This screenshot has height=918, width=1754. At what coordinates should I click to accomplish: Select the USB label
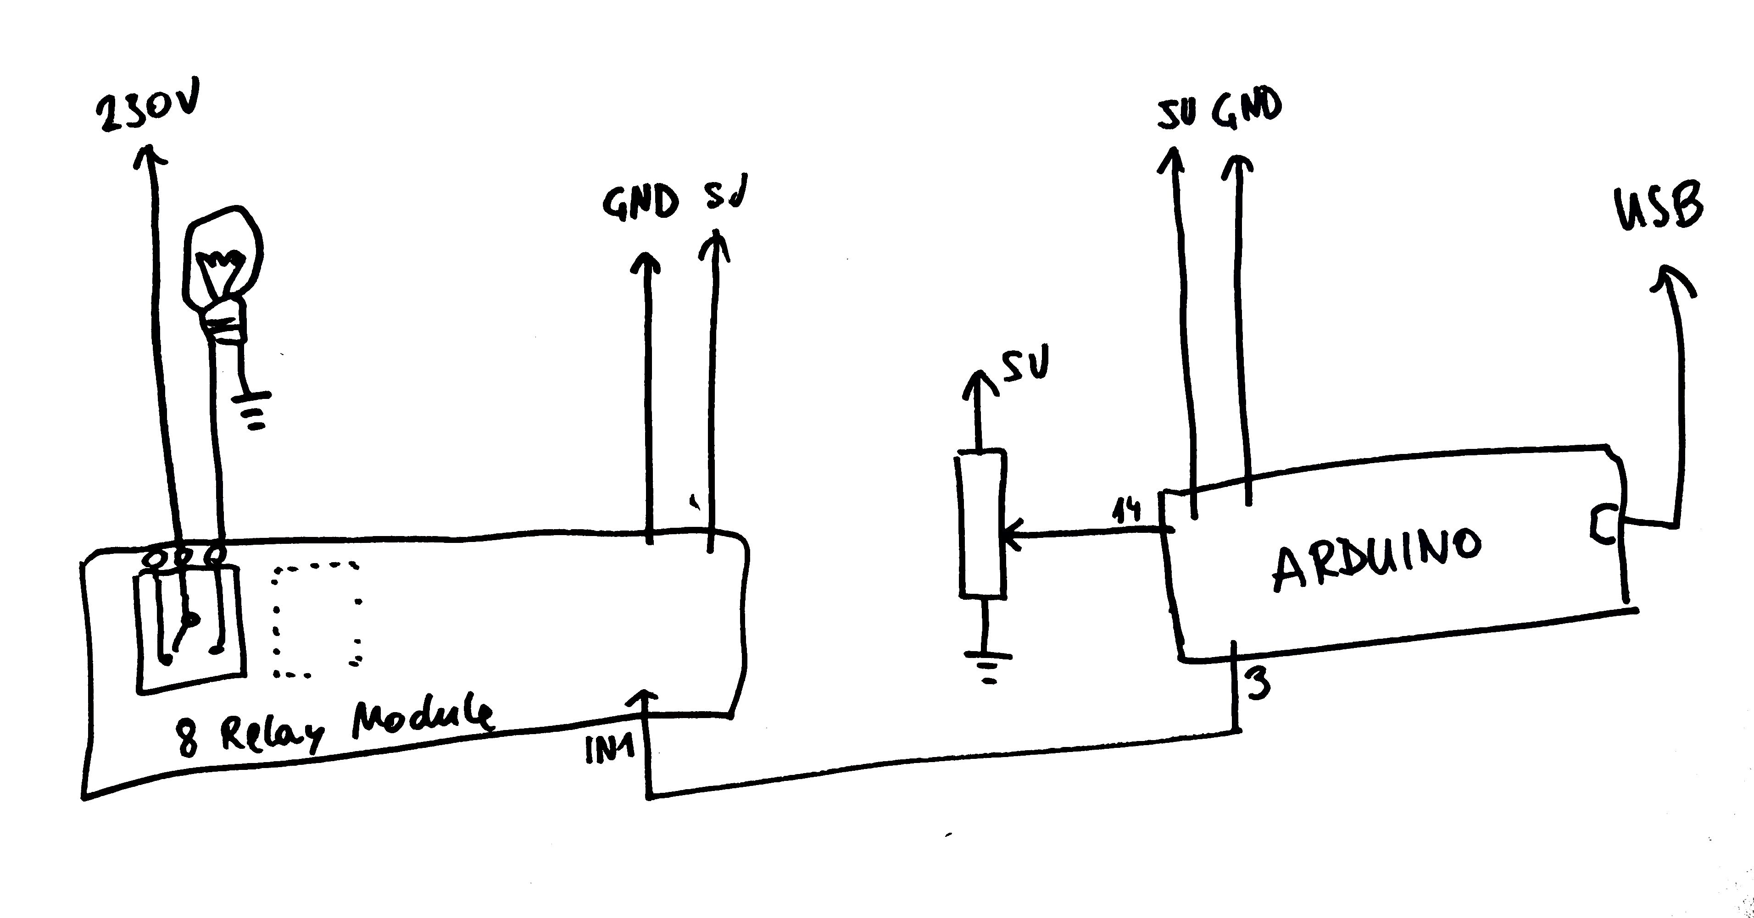1659,208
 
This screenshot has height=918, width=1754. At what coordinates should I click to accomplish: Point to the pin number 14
1127,510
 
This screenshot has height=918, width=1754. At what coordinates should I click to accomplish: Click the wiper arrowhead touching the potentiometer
1014,534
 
